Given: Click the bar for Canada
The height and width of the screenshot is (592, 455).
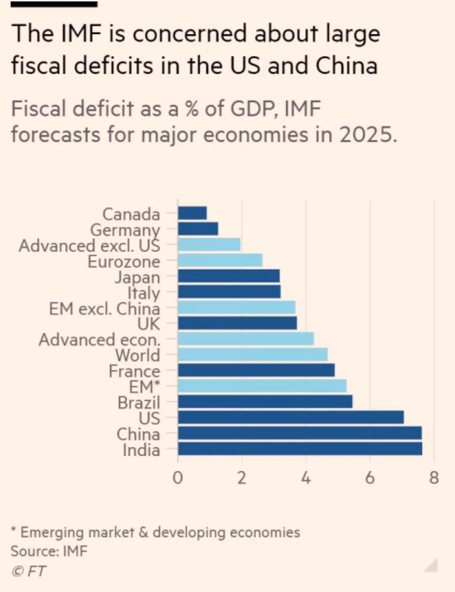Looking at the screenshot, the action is (192, 213).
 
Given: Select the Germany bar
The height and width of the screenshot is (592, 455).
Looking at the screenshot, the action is (198, 229).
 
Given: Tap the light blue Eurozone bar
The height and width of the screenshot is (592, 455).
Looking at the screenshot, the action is (220, 260).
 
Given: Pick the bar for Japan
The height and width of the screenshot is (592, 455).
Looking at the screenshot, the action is (229, 276).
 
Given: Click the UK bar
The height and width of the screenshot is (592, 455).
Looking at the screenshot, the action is (237, 323).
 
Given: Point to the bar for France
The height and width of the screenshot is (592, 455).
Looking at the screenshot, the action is (257, 370).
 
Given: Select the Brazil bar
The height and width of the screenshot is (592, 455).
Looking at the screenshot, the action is (265, 402).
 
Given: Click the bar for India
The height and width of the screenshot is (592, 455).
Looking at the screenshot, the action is (300, 449).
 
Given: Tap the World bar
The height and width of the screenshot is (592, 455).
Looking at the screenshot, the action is (253, 354).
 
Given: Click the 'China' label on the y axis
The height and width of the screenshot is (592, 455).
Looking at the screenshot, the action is (138, 434).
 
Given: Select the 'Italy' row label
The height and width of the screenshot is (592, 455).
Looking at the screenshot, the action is (144, 294).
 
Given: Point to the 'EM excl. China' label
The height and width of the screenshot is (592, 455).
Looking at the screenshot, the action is (104, 309).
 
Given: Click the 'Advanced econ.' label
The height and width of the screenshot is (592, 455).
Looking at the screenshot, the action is (100, 340).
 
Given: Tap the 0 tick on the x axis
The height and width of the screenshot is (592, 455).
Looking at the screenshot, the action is (178, 478).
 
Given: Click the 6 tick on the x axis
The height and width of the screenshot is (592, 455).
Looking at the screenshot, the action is (370, 478).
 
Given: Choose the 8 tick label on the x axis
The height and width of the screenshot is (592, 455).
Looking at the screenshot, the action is (434, 478).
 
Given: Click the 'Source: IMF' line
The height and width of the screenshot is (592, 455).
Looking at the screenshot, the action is (49, 551).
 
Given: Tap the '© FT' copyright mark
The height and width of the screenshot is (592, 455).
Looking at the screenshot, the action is (28, 571).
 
